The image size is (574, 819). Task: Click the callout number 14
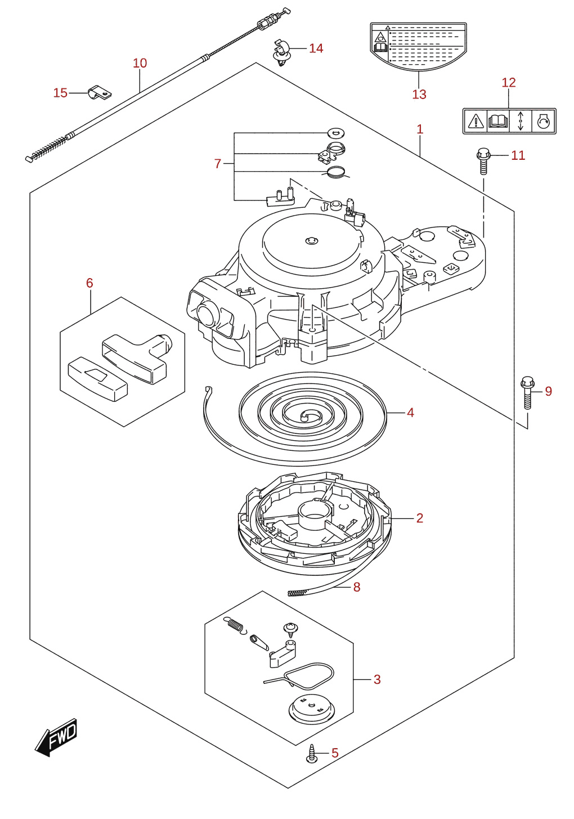click(x=316, y=48)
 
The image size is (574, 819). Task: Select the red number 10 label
click(x=140, y=63)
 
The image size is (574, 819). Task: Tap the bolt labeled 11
click(x=483, y=161)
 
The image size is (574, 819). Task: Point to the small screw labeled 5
click(x=312, y=753)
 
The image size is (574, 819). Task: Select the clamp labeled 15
click(x=100, y=93)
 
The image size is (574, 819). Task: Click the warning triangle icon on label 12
click(x=476, y=120)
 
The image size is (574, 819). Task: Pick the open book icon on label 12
click(x=497, y=120)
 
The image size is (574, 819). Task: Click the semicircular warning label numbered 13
click(x=418, y=46)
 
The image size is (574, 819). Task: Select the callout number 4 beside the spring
click(x=410, y=413)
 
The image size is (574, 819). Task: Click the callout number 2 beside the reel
click(x=419, y=518)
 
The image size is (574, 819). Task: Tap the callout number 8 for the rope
click(x=356, y=587)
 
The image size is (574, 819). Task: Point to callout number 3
click(x=377, y=679)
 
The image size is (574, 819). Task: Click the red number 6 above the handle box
click(x=89, y=283)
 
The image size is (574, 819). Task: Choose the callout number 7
click(x=218, y=163)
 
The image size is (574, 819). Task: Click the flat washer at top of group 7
click(x=337, y=133)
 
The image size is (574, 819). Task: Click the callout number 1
click(x=420, y=129)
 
